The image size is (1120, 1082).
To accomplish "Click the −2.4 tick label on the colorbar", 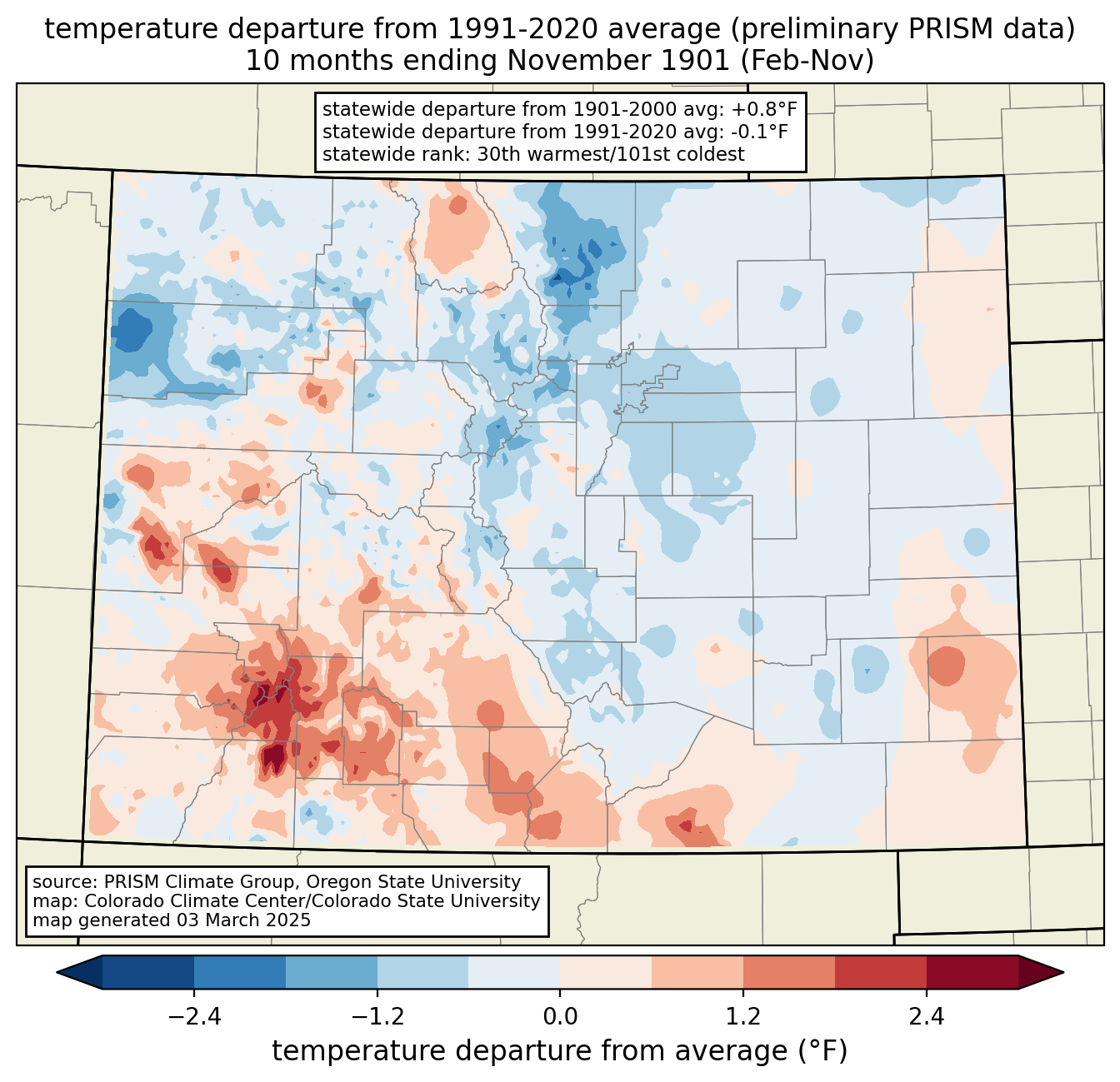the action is point(194,1017).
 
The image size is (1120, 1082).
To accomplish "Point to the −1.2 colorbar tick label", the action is point(377,1017).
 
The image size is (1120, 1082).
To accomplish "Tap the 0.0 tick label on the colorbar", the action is point(560,1017).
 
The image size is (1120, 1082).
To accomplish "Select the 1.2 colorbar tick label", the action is point(743,1017).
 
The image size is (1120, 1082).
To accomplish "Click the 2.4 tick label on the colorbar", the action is point(927,1017).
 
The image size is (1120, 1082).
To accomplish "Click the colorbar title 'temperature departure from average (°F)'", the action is point(560,1051).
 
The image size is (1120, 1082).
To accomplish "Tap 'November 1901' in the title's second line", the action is point(618,61).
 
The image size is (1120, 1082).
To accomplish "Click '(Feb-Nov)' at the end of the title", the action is point(807,61).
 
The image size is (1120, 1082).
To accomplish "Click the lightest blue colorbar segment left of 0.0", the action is point(514,973).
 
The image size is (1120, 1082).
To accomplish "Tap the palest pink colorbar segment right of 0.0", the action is point(606,973).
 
